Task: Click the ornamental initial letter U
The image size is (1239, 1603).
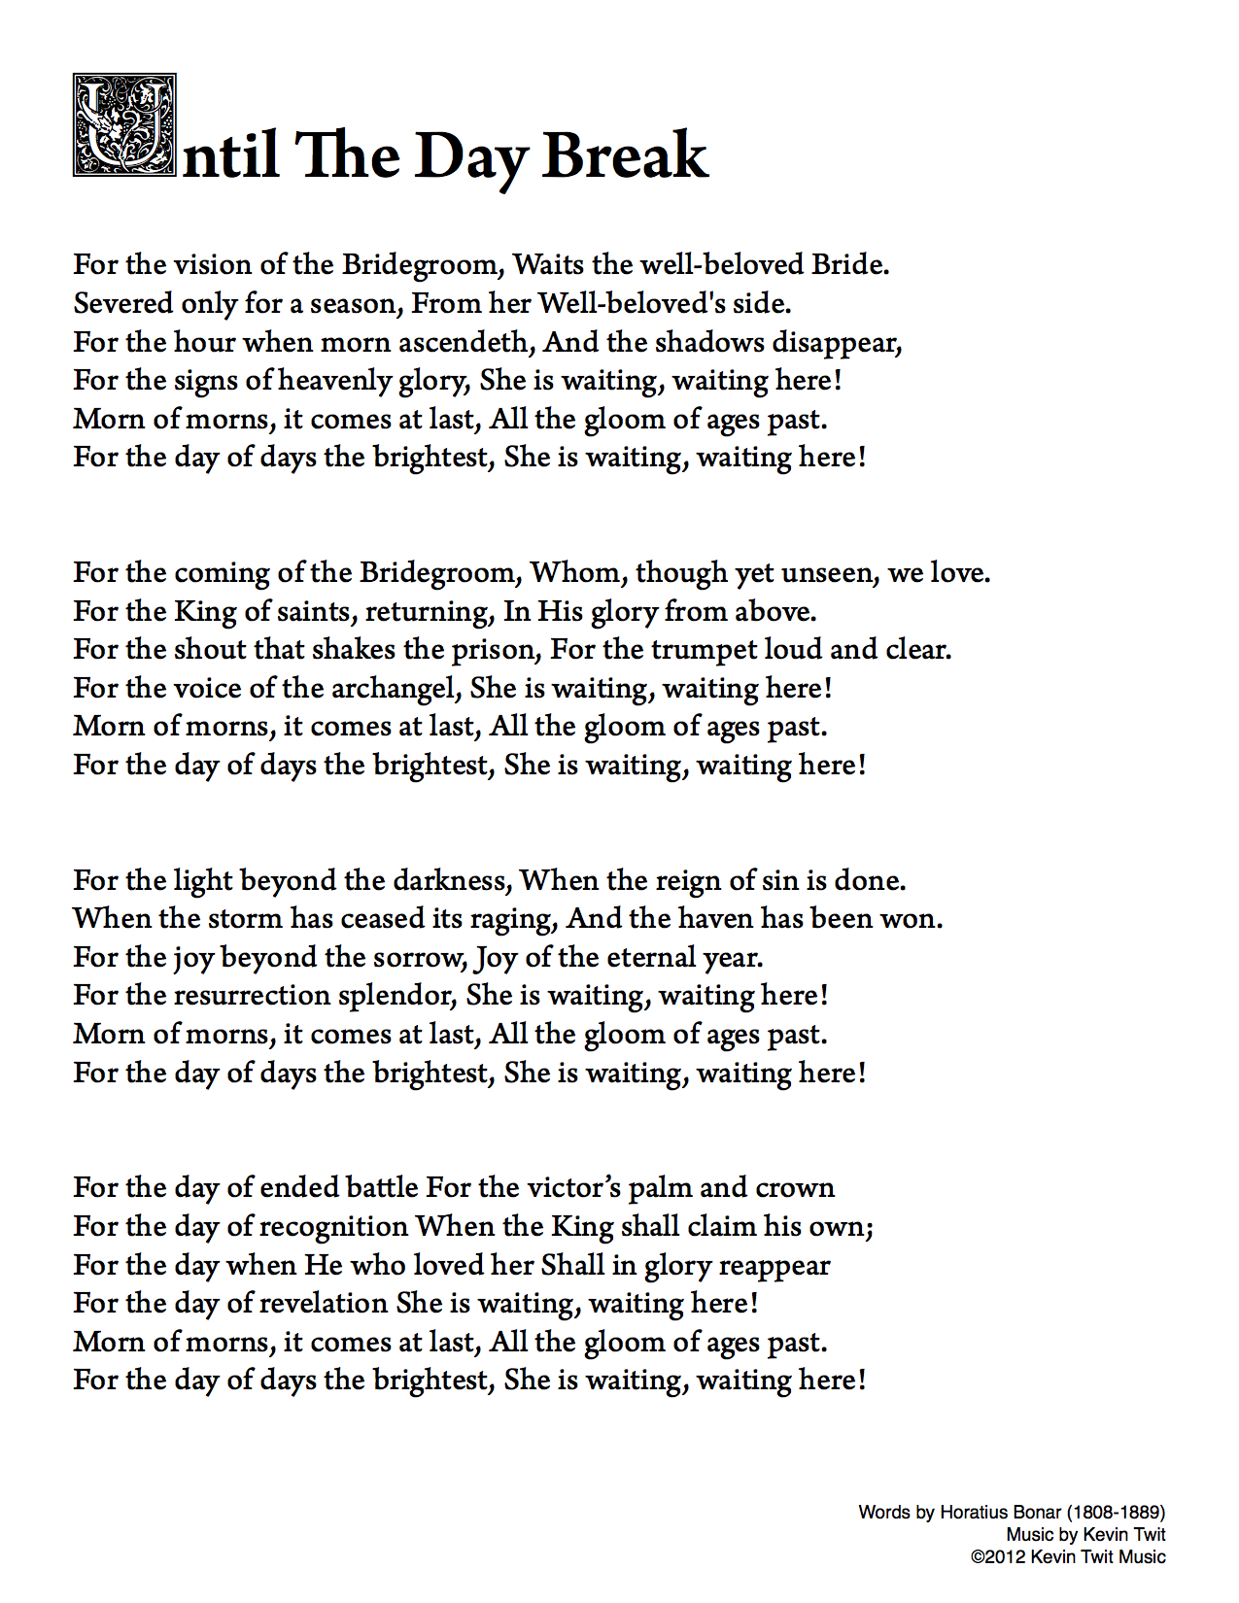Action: (124, 125)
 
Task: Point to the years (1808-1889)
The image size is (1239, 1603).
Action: (1116, 1512)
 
